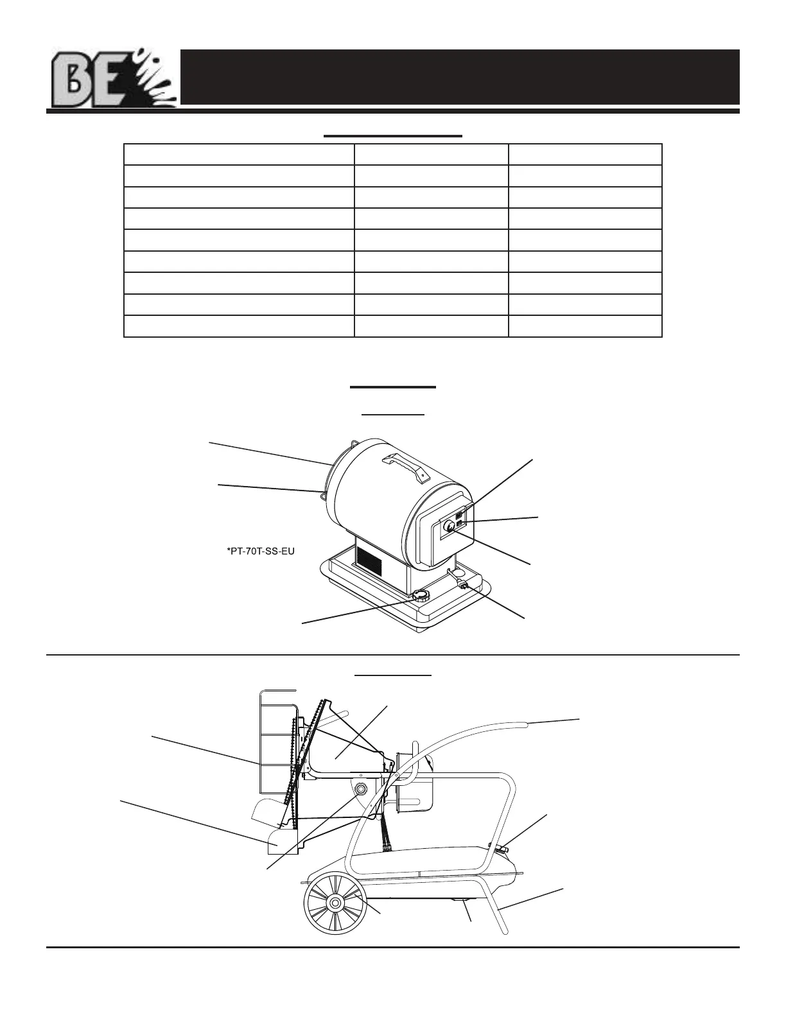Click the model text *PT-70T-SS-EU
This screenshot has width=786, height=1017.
(261, 551)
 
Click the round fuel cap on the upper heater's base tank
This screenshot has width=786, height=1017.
(421, 595)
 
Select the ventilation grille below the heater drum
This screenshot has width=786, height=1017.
(369, 562)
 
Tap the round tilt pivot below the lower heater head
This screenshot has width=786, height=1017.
(360, 788)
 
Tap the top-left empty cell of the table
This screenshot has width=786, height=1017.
(239, 155)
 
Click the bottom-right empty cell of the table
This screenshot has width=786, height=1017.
(584, 326)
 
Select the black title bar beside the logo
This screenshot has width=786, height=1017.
(460, 76)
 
